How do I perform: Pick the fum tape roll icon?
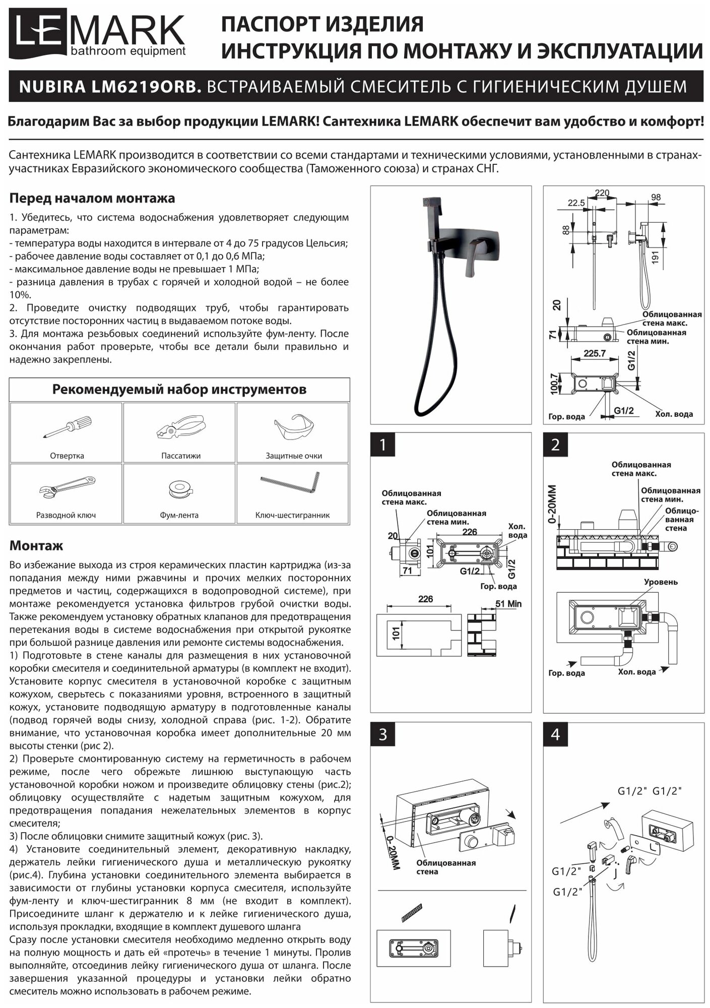180,489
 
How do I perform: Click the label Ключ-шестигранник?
292,515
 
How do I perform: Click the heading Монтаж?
36,546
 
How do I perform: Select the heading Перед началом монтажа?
92,198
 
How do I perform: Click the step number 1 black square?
383,445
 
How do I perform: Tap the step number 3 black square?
383,734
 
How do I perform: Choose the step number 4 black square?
555,734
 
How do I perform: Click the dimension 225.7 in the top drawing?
594,353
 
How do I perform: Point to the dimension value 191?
655,258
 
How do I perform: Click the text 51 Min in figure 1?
508,604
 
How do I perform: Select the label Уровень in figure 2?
661,582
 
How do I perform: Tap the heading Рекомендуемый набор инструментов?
179,390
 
